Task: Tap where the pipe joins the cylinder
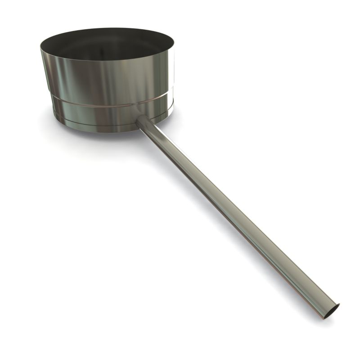coord(140,118)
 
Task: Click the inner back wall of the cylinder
coord(108,36)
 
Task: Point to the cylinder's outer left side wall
coord(47,76)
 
